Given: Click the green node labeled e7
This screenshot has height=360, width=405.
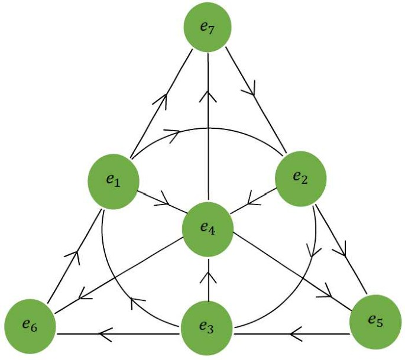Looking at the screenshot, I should pyautogui.click(x=207, y=28).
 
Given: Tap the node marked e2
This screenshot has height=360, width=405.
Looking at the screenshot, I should pyautogui.click(x=301, y=178).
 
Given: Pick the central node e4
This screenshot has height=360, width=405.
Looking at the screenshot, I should pyautogui.click(x=208, y=228).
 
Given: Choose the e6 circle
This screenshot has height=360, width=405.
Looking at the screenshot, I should pyautogui.click(x=30, y=325).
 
